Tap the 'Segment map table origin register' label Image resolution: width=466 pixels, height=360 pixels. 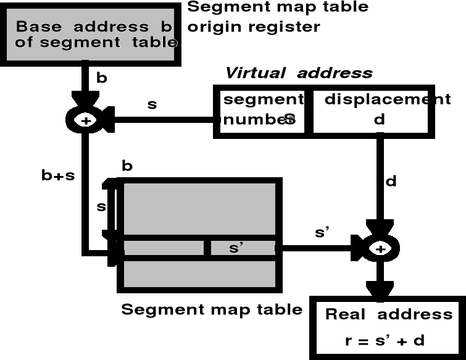(x=278, y=17)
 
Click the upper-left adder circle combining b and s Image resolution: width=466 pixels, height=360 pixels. (x=86, y=120)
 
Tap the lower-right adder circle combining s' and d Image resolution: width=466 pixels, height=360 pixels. (x=380, y=248)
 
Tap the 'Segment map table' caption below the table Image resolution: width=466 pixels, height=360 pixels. (x=212, y=309)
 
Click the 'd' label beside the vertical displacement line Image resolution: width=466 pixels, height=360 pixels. (x=391, y=182)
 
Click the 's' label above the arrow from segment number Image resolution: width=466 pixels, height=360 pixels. (x=152, y=104)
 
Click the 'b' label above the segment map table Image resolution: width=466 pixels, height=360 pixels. (x=127, y=167)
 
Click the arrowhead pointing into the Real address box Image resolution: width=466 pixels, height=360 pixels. (x=380, y=290)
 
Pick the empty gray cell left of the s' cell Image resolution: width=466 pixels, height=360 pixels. (x=163, y=248)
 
